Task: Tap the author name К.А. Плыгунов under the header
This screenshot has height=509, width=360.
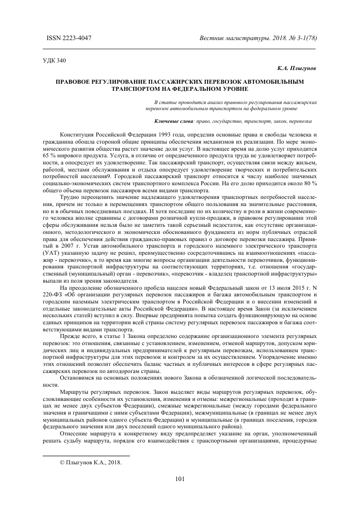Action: [297, 68]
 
